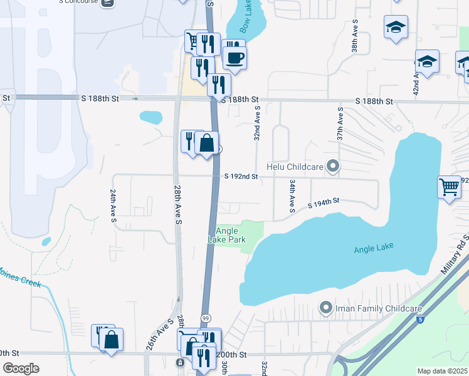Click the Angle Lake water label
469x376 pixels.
click(x=374, y=248)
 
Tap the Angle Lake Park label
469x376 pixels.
click(x=227, y=235)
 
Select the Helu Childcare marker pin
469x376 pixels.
click(x=334, y=167)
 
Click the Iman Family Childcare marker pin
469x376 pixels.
click(x=325, y=308)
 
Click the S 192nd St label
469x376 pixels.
click(x=241, y=177)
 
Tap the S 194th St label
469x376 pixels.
click(x=323, y=202)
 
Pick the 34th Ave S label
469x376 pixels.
click(x=292, y=196)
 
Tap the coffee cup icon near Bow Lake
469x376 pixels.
click(x=234, y=58)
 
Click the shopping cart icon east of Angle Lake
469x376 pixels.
click(x=450, y=186)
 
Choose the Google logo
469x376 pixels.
click(x=21, y=368)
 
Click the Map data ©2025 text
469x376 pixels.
click(x=442, y=371)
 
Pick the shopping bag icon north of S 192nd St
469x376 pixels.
click(x=206, y=144)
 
